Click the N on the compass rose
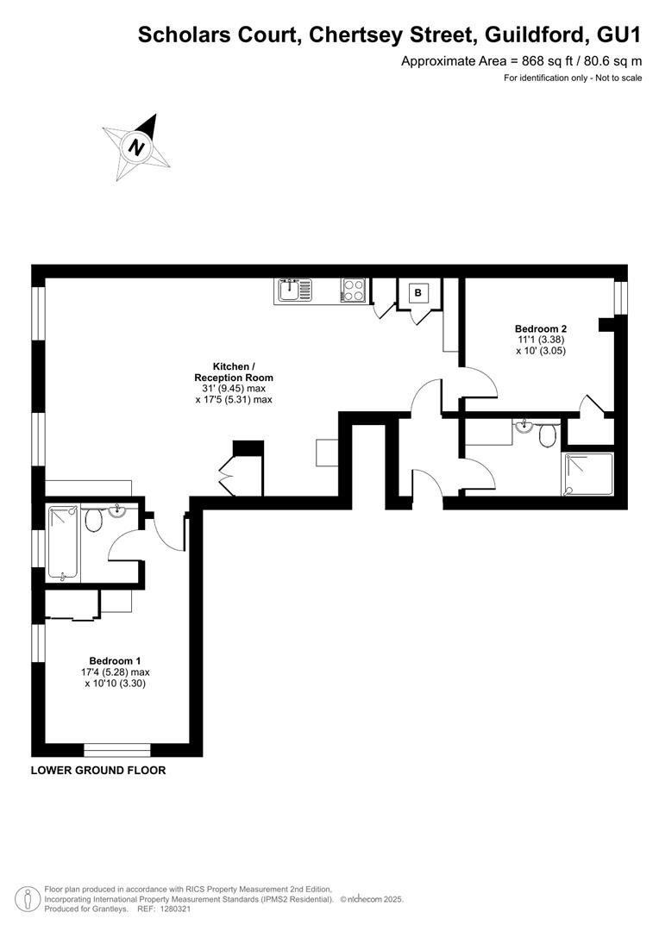[137, 147]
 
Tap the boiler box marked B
[418, 293]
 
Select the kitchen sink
[293, 291]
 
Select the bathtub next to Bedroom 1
[63, 543]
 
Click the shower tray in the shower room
[588, 474]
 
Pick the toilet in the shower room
[547, 434]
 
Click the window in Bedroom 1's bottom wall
[117, 750]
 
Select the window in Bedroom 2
[621, 297]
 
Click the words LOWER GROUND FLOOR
[98, 771]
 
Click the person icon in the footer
[28, 898]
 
